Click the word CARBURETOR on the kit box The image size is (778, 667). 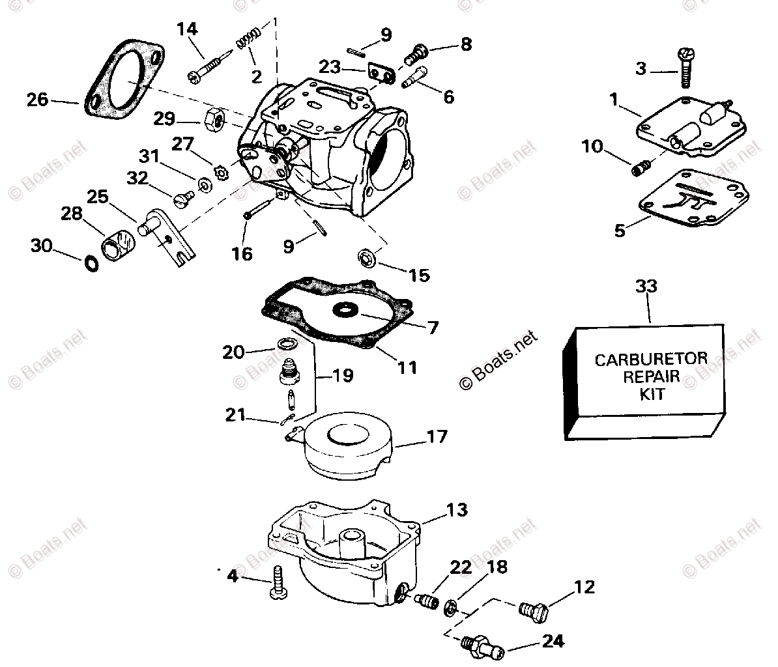click(x=642, y=360)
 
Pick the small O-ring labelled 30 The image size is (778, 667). click(x=91, y=263)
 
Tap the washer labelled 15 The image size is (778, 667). click(x=367, y=256)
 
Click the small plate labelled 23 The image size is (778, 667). click(x=381, y=73)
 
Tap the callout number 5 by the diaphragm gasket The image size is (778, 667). click(x=620, y=230)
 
